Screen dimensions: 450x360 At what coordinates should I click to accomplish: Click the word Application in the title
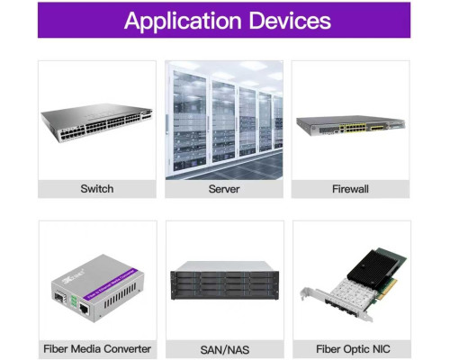click(183, 21)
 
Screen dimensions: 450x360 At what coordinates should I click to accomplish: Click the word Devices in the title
click(290, 21)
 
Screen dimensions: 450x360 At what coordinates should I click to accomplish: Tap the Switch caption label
click(97, 189)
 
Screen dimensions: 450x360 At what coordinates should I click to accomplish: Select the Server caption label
click(224, 189)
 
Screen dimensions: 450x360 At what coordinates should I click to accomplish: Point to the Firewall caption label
click(350, 189)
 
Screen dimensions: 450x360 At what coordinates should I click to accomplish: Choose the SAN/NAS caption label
click(225, 350)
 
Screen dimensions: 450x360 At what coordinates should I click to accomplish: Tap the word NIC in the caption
click(382, 349)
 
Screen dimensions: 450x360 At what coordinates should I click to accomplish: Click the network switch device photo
click(96, 122)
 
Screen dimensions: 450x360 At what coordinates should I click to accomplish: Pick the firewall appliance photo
click(350, 126)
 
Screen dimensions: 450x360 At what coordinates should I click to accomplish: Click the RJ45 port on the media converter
click(85, 309)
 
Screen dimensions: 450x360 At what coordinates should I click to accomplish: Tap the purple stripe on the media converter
click(111, 284)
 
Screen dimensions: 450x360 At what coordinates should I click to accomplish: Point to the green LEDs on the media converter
click(73, 301)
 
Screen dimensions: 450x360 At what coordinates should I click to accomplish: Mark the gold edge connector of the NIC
click(388, 290)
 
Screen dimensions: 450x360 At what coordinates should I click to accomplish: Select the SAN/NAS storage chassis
click(224, 281)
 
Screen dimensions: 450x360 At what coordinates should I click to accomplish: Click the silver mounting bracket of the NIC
click(336, 304)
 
